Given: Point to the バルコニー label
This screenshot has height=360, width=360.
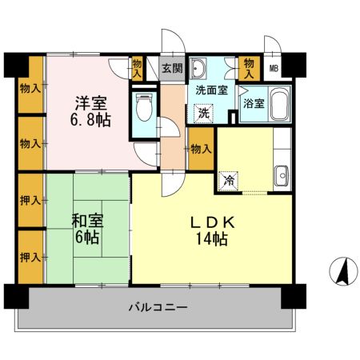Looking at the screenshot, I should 157,308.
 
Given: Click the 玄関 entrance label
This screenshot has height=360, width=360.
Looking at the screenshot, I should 171,69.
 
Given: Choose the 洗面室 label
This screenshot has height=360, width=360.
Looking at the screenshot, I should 212,90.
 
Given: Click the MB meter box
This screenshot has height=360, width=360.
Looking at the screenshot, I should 274,69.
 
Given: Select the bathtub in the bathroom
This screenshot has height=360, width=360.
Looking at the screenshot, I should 278,104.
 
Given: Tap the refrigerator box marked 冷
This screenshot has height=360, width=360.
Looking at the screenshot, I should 229,180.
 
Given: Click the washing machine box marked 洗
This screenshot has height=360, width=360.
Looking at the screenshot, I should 205,114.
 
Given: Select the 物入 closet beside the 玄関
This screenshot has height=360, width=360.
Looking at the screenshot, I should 138,67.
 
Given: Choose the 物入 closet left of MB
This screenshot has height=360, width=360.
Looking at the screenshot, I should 250,67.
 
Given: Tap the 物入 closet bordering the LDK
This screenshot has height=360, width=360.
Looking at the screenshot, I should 201,149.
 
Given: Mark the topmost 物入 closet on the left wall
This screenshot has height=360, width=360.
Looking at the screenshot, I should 30,86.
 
